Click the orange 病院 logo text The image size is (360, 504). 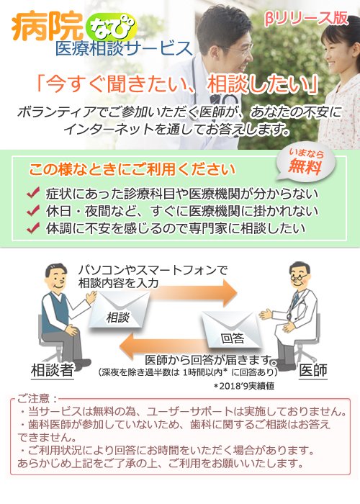coord(48,27)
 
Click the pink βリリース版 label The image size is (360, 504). coord(306,19)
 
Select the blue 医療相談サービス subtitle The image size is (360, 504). coord(124,49)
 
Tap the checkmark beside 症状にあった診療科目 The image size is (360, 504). coord(33,193)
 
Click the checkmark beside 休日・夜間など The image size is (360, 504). coord(33,210)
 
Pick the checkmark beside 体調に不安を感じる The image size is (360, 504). coord(33,228)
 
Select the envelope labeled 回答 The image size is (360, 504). coord(232,330)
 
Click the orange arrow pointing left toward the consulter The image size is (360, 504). coord(163,346)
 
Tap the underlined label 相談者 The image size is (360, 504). coord(53,371)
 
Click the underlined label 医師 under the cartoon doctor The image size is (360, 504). coord(312,371)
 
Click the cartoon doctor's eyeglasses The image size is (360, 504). coord(299,276)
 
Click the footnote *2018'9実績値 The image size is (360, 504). coord(244,386)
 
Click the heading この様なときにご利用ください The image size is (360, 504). coord(132,169)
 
